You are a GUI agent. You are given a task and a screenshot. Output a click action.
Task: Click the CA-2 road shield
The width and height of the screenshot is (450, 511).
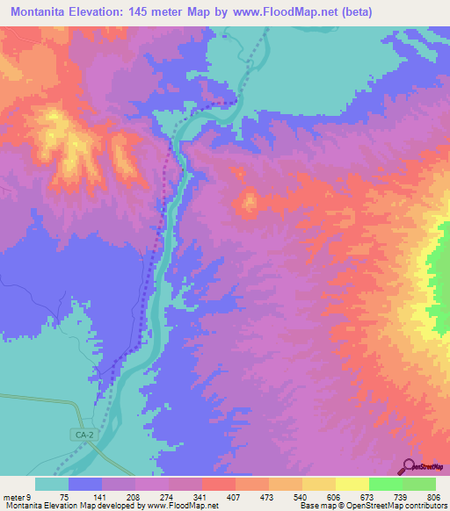pyautogui.click(x=82, y=434)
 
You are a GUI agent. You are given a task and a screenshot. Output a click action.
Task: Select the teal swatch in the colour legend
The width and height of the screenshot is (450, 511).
pyautogui.click(x=52, y=485)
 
